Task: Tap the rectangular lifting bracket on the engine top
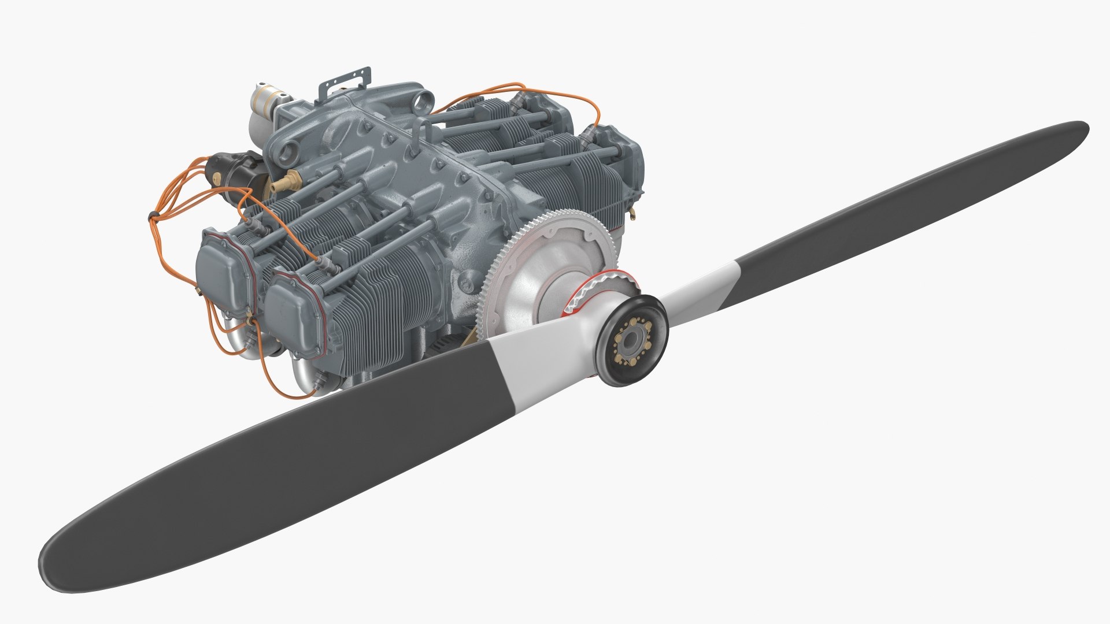(345, 84)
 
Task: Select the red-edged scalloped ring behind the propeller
(601, 286)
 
